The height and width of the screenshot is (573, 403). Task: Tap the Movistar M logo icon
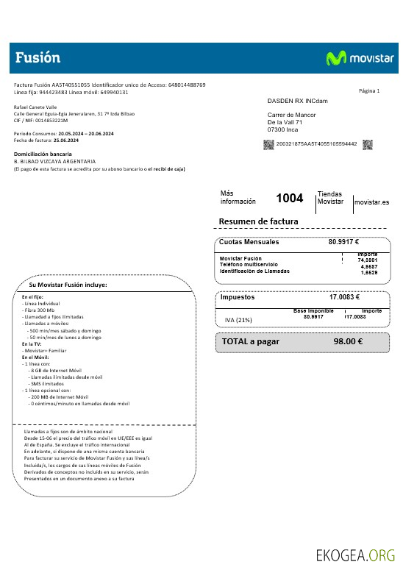336,58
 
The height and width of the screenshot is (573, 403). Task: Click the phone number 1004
289,198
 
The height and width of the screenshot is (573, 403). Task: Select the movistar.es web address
371,202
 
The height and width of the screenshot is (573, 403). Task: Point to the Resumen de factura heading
258,221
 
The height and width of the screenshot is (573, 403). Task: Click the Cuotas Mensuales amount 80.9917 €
343,241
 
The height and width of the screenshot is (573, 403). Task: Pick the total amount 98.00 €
348,341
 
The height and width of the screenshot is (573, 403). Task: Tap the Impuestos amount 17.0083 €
344,297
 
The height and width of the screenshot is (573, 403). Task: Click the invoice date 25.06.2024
65,140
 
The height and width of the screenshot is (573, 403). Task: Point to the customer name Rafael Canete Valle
35,108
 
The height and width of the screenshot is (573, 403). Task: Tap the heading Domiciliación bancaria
43,154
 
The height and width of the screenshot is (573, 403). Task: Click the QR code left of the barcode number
269,143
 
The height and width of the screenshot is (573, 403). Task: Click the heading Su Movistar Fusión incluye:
68,284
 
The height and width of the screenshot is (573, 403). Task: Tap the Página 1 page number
368,90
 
